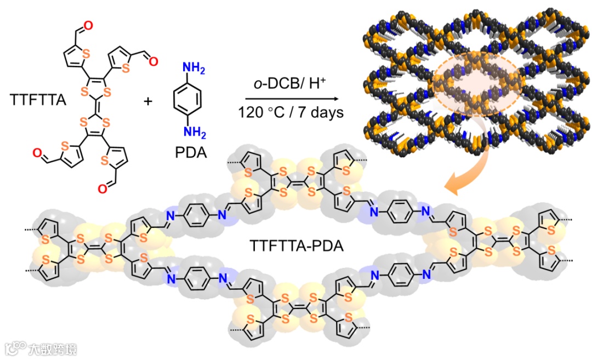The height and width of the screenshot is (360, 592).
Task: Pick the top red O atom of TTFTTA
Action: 89,25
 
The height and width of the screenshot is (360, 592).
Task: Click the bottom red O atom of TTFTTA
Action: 103,190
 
